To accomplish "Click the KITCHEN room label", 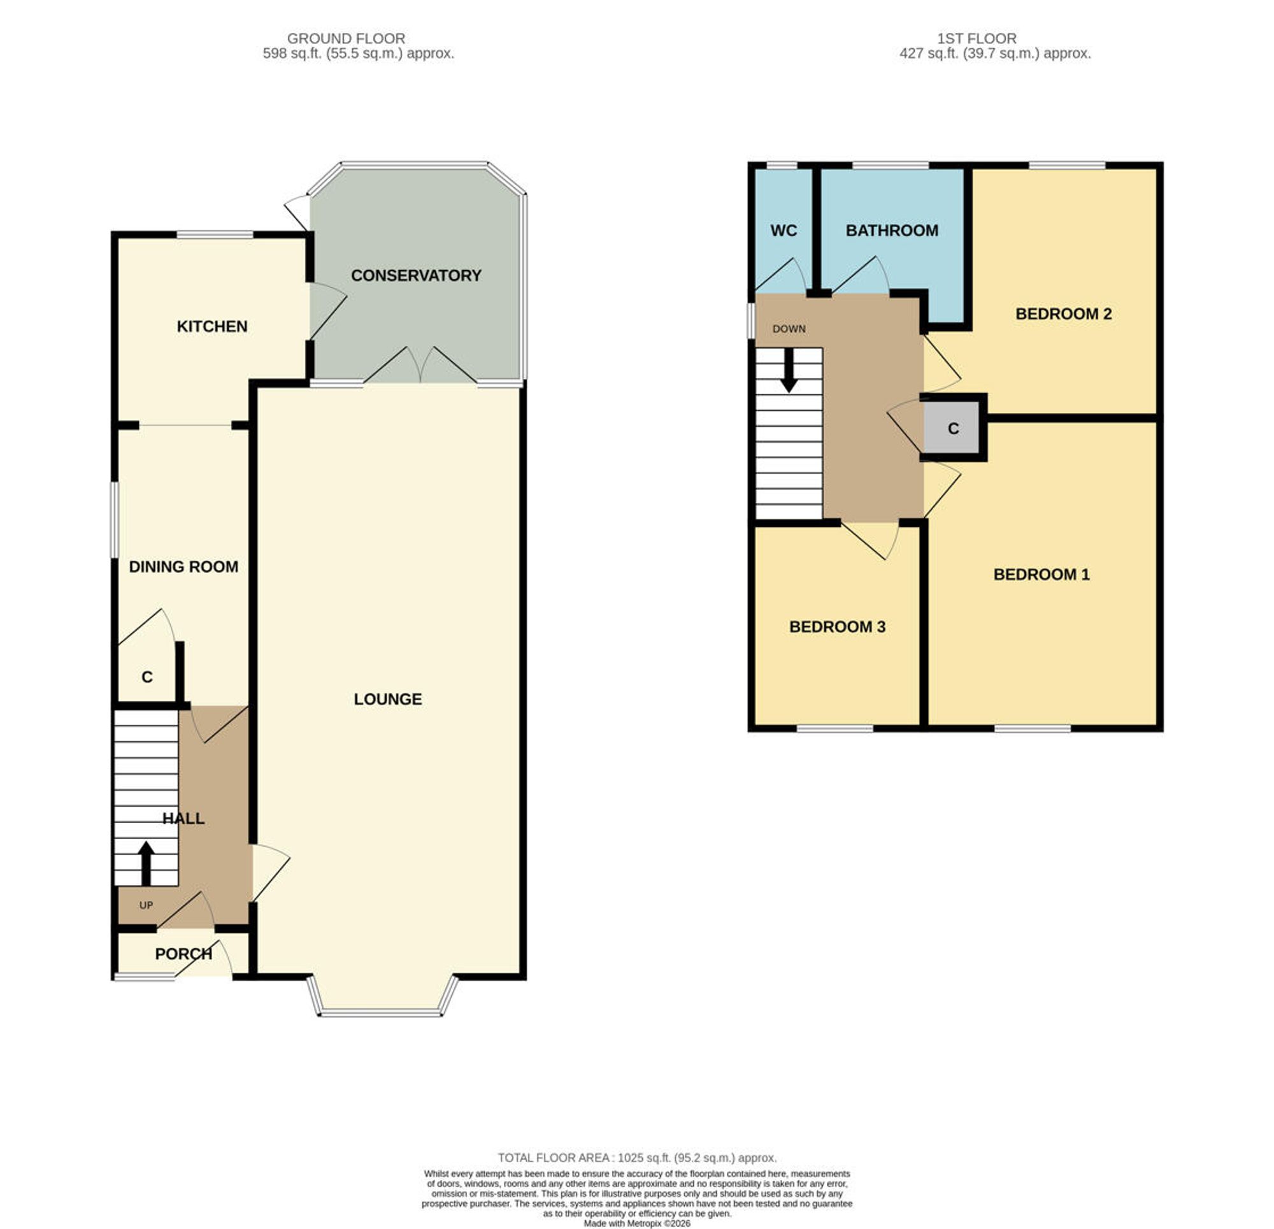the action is (x=212, y=326).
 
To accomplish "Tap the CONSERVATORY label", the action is (x=416, y=276).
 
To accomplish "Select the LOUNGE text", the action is (x=388, y=699).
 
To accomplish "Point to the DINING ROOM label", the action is (x=183, y=567).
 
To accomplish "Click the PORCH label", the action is (x=183, y=954).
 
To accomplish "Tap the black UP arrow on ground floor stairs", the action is (x=147, y=863).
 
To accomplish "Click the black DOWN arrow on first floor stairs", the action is (x=789, y=371).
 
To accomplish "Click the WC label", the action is (x=784, y=231).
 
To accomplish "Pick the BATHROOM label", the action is (x=892, y=230).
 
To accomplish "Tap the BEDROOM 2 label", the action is (x=1063, y=314).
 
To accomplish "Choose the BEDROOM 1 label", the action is (x=1041, y=574).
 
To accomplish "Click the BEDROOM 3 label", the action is (x=837, y=627).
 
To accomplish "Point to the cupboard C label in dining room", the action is (x=147, y=677).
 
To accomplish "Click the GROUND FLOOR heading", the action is (x=346, y=39).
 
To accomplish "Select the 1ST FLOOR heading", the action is (x=977, y=39).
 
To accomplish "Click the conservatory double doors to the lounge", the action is (x=420, y=366).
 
